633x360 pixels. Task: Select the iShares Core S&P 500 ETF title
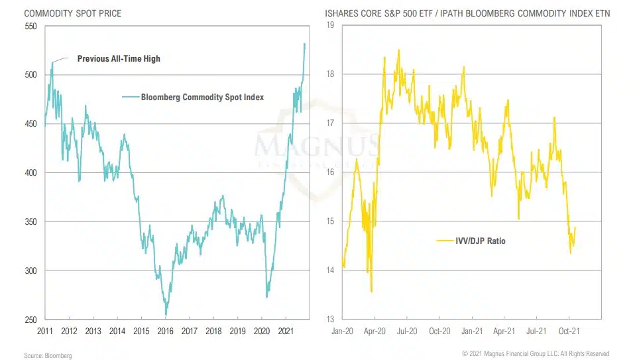coord(465,12)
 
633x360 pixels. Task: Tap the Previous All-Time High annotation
coord(119,58)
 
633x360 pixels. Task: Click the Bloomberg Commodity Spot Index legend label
coord(202,97)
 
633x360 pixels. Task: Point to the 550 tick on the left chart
coord(30,26)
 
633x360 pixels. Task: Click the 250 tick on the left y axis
coord(30,320)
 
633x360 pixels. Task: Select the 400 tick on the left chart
coord(30,172)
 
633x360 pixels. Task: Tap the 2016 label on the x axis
coord(165,330)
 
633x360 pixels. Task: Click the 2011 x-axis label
coord(45,330)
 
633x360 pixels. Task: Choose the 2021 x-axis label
coord(286,330)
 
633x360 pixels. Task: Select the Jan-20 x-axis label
coord(343,330)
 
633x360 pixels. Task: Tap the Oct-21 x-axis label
coord(566,330)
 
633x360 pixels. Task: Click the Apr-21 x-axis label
coord(505,330)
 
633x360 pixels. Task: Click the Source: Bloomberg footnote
coord(48,355)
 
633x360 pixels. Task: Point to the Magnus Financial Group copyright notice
coord(536,354)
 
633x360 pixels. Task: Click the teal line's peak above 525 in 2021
coord(304,44)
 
